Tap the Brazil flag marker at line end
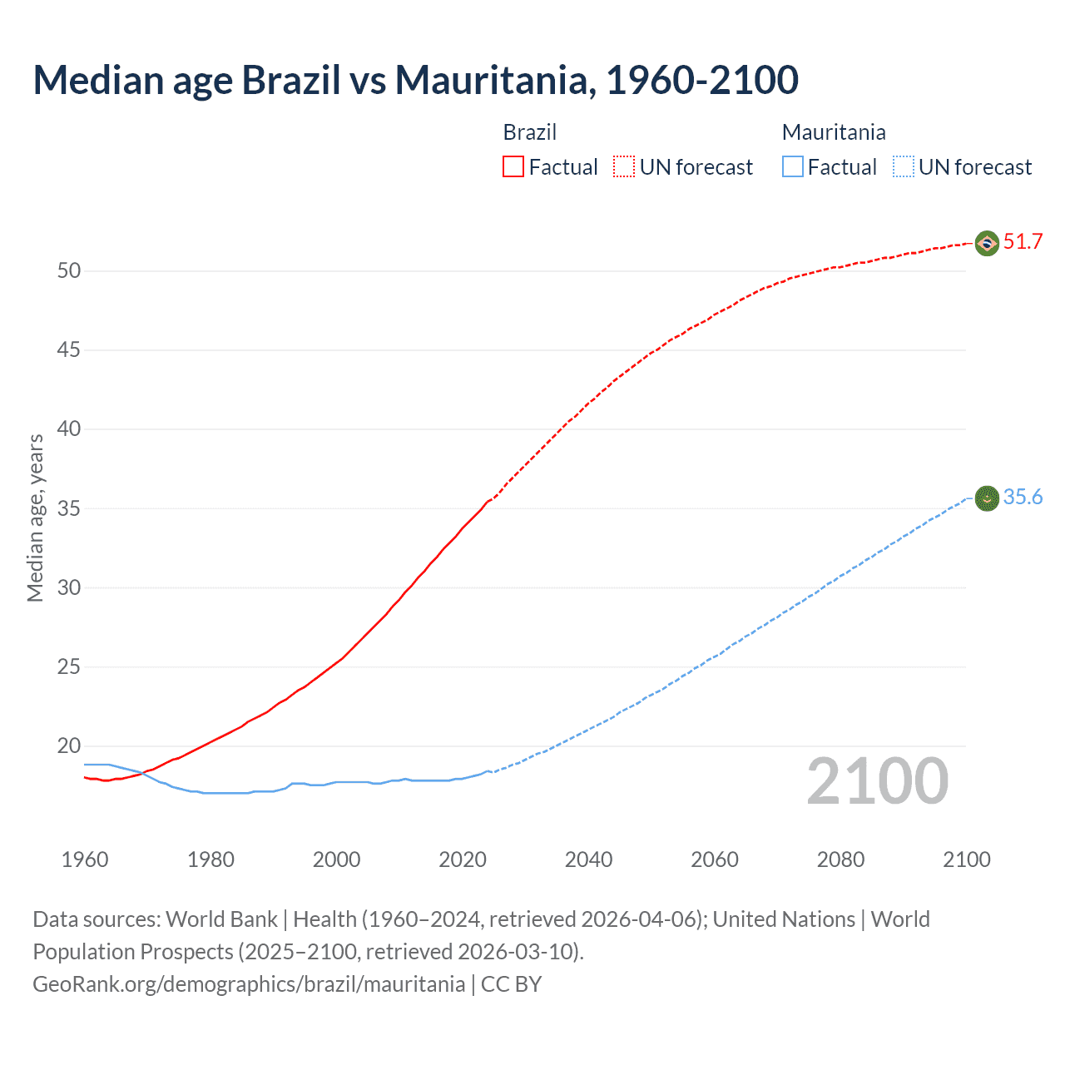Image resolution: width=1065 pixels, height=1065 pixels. (x=987, y=243)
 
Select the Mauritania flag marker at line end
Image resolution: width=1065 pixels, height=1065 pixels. (x=987, y=498)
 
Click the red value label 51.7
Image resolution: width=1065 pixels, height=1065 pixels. (x=1023, y=242)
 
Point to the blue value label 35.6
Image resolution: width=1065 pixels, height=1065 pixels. (x=1023, y=498)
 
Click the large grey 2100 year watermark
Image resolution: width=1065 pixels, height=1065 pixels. (x=877, y=781)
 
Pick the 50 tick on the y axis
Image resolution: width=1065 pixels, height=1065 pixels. (x=69, y=271)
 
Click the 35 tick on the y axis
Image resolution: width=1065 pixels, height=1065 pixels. (x=69, y=508)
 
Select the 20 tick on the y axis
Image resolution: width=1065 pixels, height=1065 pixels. (x=69, y=746)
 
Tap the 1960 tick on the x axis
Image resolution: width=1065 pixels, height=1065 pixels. (x=85, y=859)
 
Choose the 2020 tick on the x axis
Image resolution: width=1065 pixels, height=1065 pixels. (x=463, y=859)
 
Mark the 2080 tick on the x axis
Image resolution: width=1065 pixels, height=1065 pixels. (x=840, y=859)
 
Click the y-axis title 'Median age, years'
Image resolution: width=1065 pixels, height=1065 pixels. (x=35, y=518)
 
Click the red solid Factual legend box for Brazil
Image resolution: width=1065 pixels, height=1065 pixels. (x=513, y=167)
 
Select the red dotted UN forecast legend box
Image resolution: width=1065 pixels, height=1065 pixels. (x=624, y=167)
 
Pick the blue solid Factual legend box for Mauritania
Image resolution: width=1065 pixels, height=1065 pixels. (x=793, y=167)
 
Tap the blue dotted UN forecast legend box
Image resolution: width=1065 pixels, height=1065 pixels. (x=903, y=167)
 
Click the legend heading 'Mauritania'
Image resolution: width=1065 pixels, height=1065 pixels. (x=834, y=132)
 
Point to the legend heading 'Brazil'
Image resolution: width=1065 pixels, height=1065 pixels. (x=530, y=132)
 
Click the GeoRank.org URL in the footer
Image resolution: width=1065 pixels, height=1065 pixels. (x=249, y=984)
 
